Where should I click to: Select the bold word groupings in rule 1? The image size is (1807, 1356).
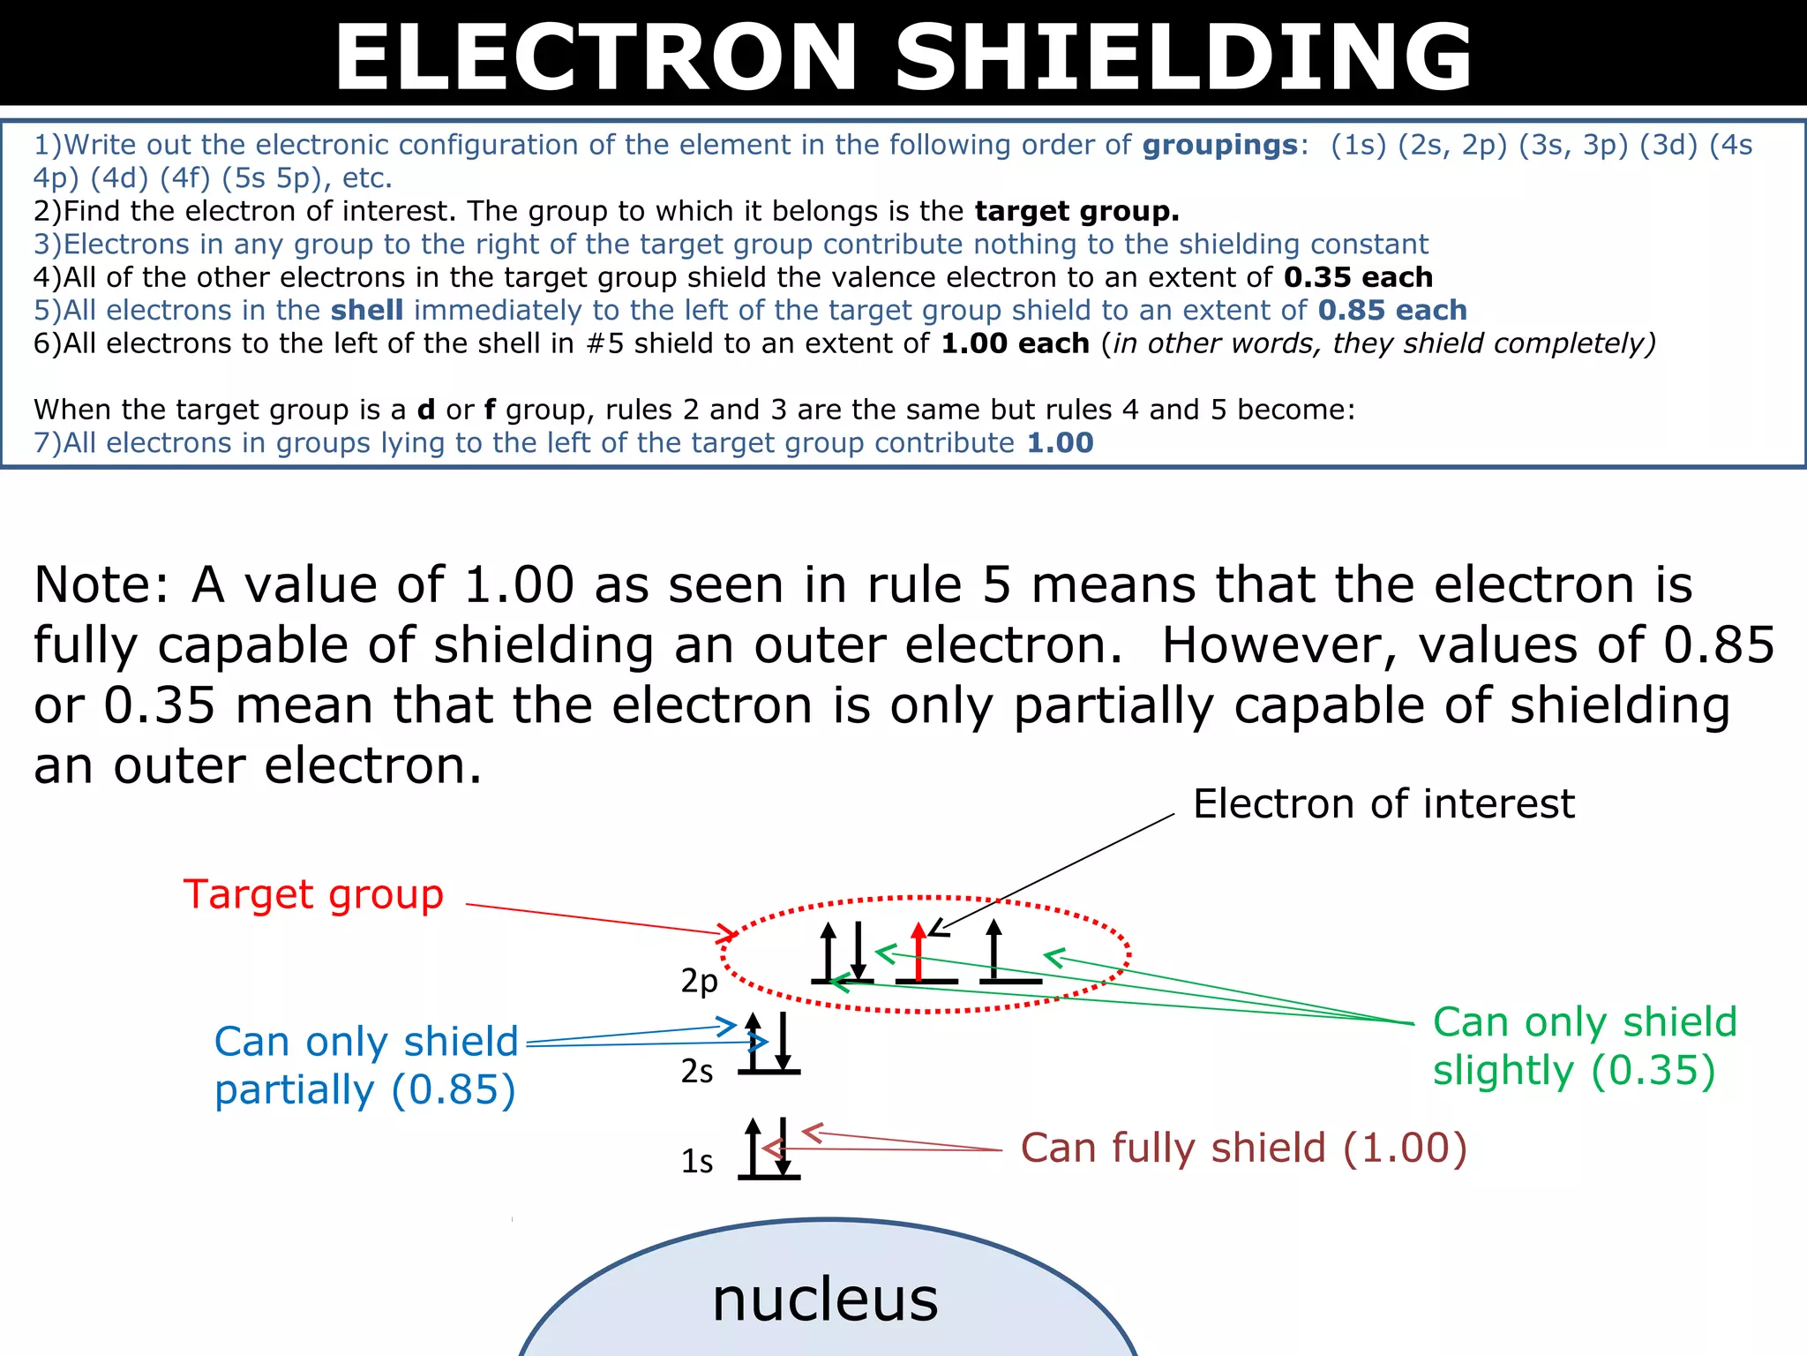(x=1220, y=145)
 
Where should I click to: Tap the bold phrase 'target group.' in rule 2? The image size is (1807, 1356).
(x=1076, y=211)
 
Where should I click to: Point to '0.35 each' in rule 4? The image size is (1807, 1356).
(x=1358, y=277)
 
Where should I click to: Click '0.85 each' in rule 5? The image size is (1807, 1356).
(x=1392, y=310)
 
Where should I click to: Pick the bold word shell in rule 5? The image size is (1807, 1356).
(x=367, y=310)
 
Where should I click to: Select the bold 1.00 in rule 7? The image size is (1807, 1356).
(x=1060, y=442)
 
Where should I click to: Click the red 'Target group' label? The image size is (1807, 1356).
(x=313, y=894)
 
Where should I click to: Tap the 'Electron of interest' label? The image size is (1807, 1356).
(x=1383, y=803)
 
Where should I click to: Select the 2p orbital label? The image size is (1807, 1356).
(x=699, y=981)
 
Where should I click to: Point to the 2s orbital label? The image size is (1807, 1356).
(x=697, y=1071)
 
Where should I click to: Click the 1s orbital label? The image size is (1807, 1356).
(x=697, y=1161)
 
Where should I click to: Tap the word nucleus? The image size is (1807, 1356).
(x=825, y=1299)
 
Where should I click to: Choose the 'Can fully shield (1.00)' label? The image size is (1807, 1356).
(x=1243, y=1148)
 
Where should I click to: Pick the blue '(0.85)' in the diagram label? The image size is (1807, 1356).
(x=454, y=1089)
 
